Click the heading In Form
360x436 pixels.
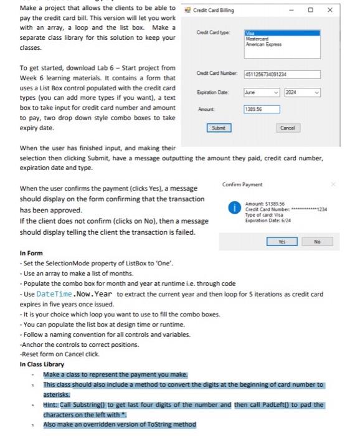pos(31,253)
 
